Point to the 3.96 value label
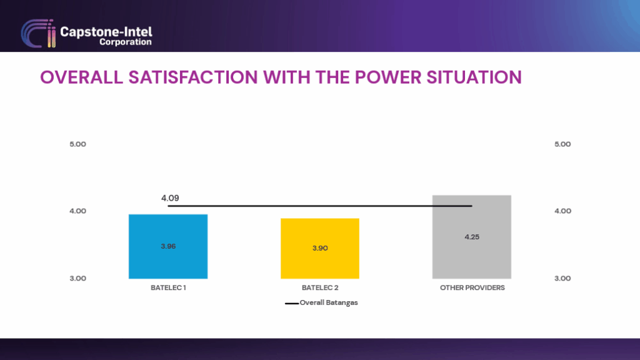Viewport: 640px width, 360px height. click(x=168, y=246)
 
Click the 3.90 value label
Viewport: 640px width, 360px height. click(x=320, y=248)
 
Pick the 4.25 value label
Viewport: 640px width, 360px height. click(x=472, y=237)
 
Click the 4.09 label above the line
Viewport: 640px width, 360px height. click(x=170, y=198)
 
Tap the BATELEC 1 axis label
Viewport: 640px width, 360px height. click(x=168, y=288)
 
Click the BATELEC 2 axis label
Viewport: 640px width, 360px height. click(x=320, y=288)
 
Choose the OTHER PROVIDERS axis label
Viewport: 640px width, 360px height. click(x=472, y=288)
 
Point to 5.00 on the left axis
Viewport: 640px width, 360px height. click(x=77, y=144)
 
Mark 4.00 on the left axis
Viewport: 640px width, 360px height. click(x=77, y=211)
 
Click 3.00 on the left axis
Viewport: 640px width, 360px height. click(x=77, y=278)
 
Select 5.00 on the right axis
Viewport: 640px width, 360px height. click(x=562, y=144)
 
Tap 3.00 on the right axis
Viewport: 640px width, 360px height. click(x=562, y=278)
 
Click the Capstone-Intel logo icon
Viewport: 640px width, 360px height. click(x=37, y=34)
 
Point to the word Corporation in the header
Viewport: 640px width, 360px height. click(x=125, y=42)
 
